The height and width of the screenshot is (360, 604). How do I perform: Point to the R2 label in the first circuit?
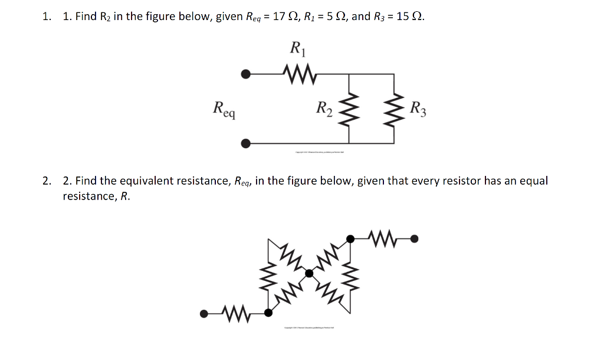(324, 109)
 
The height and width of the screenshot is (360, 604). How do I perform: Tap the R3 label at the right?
(418, 109)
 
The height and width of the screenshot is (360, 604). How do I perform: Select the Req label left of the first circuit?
(224, 109)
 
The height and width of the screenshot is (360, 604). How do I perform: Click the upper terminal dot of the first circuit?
(246, 74)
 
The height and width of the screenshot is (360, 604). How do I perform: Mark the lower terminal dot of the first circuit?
(246, 143)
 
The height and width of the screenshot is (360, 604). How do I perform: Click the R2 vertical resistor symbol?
(352, 109)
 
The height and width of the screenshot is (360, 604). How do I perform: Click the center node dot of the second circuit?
(309, 273)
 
